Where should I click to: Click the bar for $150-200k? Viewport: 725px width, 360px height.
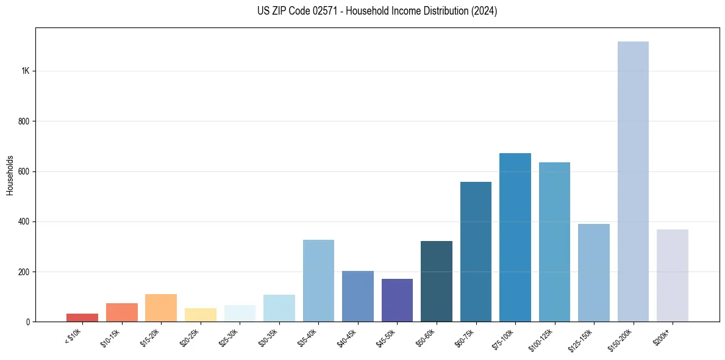click(633, 181)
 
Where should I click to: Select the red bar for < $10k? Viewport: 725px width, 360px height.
click(82, 317)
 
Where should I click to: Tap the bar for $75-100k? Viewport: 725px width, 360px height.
click(515, 237)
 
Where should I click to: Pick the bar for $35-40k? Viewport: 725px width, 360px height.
click(318, 281)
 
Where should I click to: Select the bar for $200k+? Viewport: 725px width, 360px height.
click(673, 275)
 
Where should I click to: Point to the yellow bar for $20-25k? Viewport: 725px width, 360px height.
click(201, 315)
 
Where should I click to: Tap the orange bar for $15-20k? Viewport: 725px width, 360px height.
click(161, 308)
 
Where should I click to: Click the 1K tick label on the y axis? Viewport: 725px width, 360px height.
click(26, 71)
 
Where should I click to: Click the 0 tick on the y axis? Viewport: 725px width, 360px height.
click(28, 322)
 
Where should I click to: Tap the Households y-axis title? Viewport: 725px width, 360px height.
click(10, 175)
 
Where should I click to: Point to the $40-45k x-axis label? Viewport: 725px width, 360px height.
click(347, 337)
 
